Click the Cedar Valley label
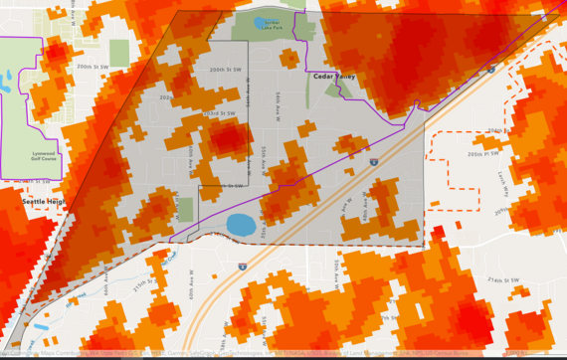click(x=333, y=76)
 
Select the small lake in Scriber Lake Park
click(x=262, y=22)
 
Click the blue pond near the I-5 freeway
click(x=241, y=225)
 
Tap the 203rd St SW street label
click(x=221, y=113)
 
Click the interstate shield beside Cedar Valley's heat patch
click(x=373, y=160)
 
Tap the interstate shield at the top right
click(x=491, y=69)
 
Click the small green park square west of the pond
click(x=185, y=210)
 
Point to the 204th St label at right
click(x=497, y=130)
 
